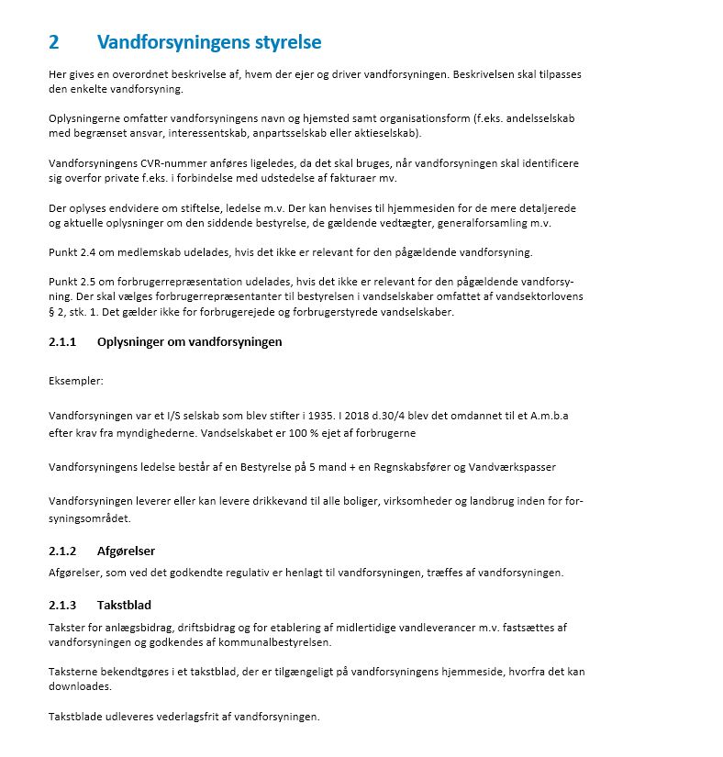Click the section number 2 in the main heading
click(x=54, y=43)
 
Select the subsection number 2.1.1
click(x=63, y=342)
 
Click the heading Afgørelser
click(x=126, y=551)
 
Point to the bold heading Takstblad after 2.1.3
click(x=124, y=606)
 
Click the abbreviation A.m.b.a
click(x=549, y=416)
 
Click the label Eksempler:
click(x=76, y=379)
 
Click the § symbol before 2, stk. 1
click(x=51, y=311)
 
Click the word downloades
click(x=79, y=686)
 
